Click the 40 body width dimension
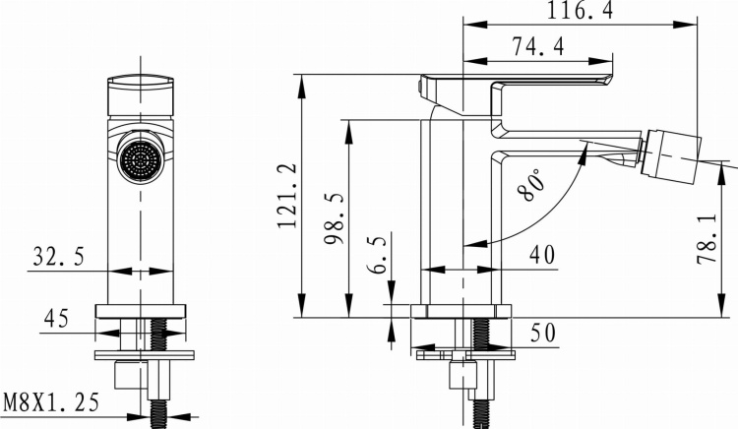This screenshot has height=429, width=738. coord(540,255)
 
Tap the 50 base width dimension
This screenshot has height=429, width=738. coord(540,334)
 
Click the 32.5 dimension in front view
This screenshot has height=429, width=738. coord(57,258)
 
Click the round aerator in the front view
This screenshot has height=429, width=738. coord(139,159)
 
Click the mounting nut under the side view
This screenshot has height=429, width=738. coord(462,376)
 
